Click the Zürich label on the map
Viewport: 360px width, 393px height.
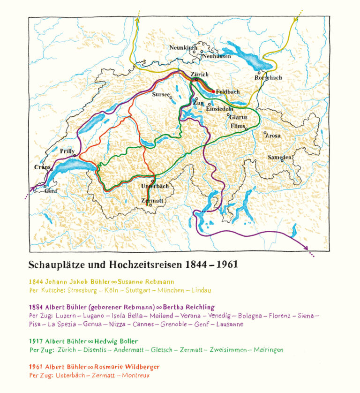[x=200, y=75]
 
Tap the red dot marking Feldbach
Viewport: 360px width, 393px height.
[x=213, y=91]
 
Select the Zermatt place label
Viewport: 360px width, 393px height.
[x=152, y=200]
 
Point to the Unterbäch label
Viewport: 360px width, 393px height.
[x=154, y=186]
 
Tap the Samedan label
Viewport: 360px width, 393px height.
[x=280, y=157]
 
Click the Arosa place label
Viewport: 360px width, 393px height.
[x=273, y=136]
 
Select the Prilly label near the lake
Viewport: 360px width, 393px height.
[x=67, y=151]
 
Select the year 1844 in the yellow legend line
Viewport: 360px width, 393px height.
[x=36, y=282]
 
